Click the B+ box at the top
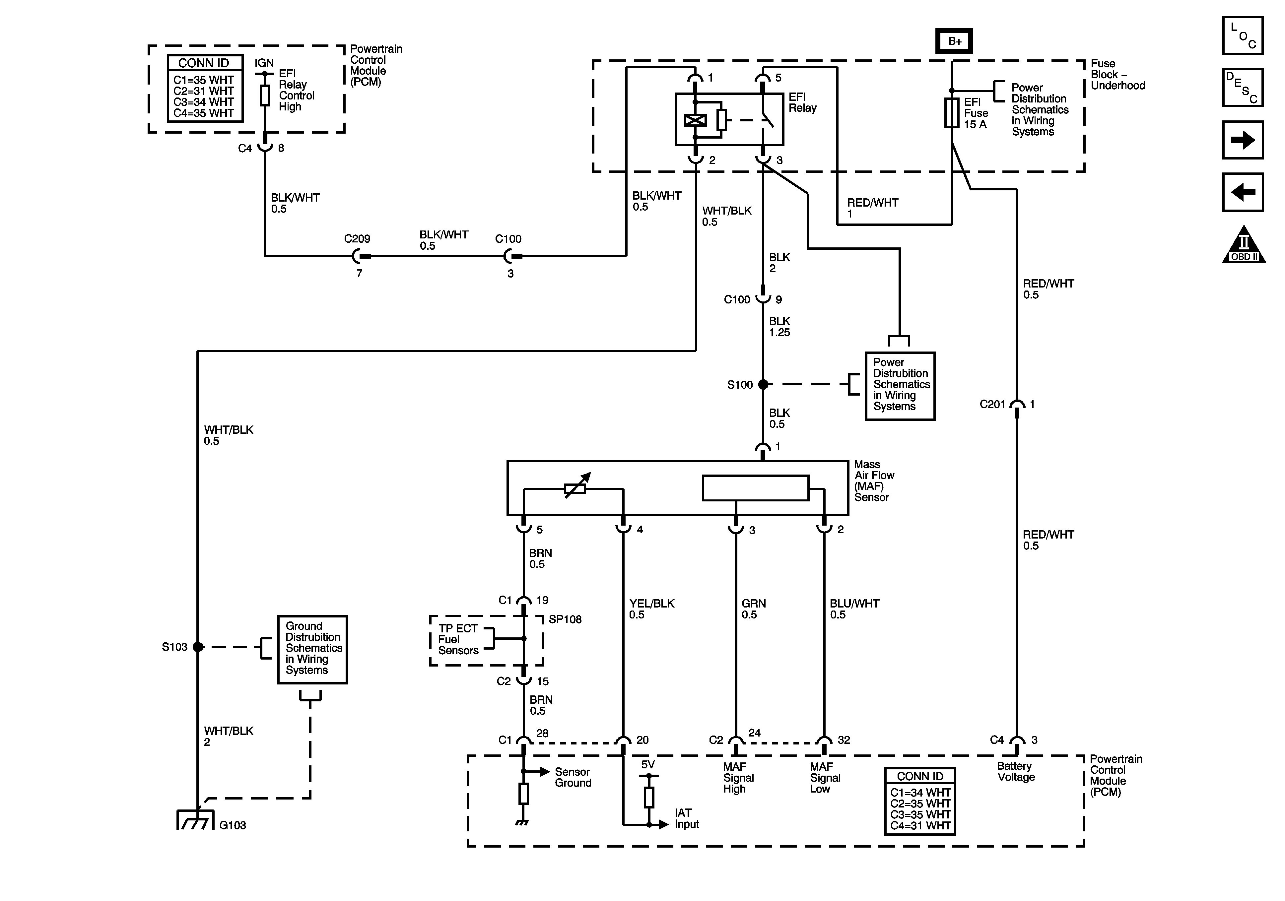point(954,41)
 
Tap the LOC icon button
point(1243,35)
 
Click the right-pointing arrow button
point(1243,140)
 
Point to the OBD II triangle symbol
point(1244,244)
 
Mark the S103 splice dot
point(198,647)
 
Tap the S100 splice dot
point(763,384)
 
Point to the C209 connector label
point(357,238)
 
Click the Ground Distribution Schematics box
point(312,650)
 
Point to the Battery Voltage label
point(1016,771)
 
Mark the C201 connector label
point(992,404)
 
